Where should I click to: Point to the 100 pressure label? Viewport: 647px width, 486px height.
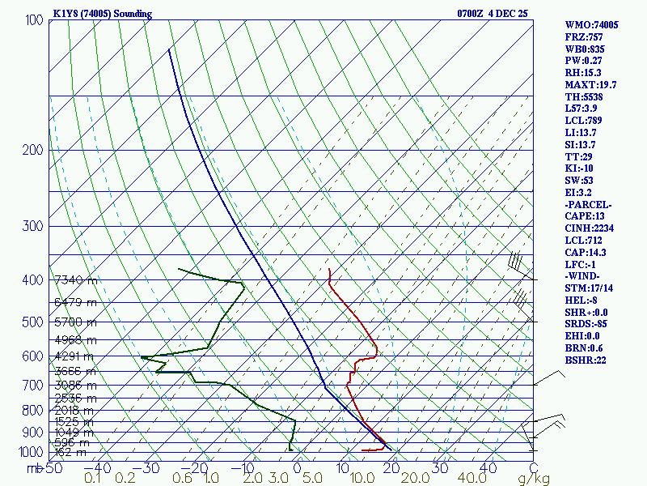33,19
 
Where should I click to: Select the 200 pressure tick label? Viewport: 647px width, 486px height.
33,150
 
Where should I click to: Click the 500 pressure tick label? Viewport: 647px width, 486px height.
33,322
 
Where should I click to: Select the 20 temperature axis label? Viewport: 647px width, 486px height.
393,468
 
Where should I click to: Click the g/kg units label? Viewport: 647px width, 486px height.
533,479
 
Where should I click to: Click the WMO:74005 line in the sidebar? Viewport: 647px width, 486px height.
592,25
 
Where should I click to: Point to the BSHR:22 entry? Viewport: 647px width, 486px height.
586,360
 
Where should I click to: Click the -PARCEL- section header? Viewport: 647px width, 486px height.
589,204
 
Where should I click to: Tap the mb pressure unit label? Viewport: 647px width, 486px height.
34,468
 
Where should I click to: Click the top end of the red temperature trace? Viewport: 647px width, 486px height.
330,269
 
